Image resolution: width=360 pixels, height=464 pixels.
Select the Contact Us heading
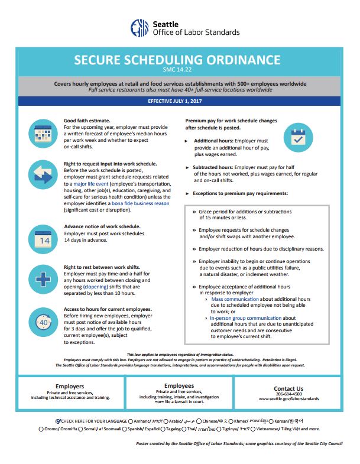click(288, 388)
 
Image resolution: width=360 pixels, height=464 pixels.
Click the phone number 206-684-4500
click(288, 394)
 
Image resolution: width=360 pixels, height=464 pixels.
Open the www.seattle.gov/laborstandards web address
click(288, 399)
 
